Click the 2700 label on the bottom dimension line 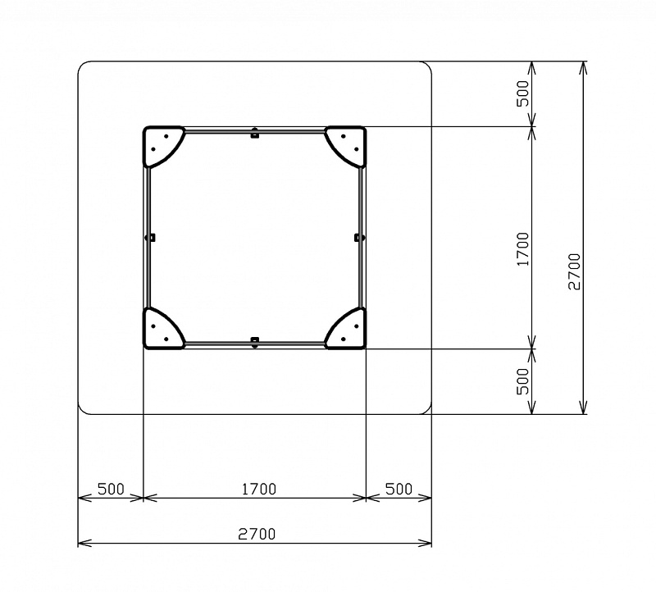[x=257, y=534]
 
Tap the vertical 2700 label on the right [x=575, y=272]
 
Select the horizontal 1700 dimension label [x=259, y=489]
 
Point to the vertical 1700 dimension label [x=522, y=249]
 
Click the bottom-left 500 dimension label [x=111, y=489]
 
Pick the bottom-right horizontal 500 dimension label [x=399, y=489]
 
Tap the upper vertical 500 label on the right [x=522, y=93]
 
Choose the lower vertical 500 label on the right [x=522, y=381]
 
